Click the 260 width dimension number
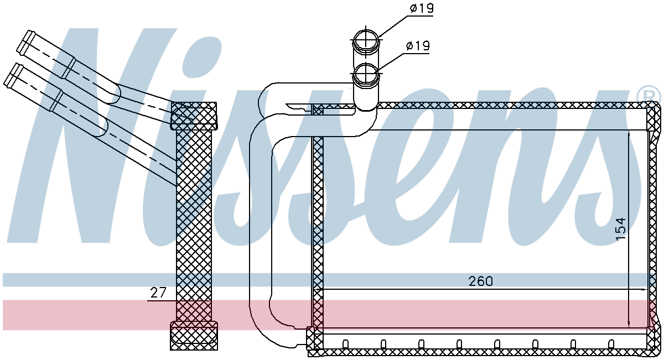[480, 281]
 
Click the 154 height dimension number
[621, 229]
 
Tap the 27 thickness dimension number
[158, 293]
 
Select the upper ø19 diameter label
[422, 8]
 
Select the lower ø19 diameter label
[418, 46]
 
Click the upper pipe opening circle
[366, 40]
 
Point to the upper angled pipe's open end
[23, 42]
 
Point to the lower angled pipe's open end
[10, 76]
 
